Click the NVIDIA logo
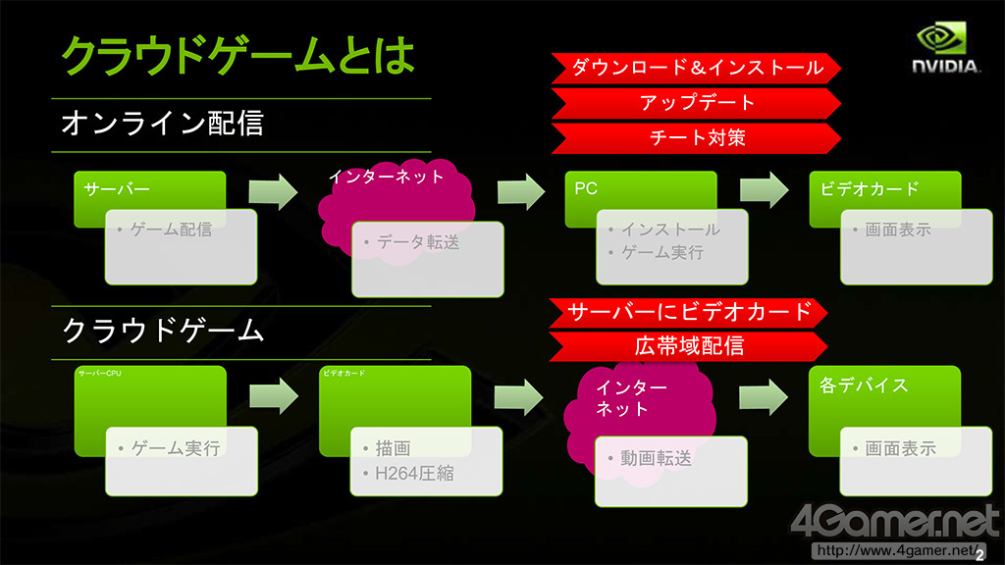[947, 50]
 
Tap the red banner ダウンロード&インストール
[697, 68]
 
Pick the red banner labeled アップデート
[697, 102]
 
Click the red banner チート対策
[697, 137]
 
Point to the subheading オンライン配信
[162, 125]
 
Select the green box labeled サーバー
[149, 188]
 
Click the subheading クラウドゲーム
[163, 331]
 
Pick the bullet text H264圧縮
[414, 474]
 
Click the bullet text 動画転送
[656, 458]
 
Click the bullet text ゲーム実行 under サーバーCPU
[175, 448]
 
